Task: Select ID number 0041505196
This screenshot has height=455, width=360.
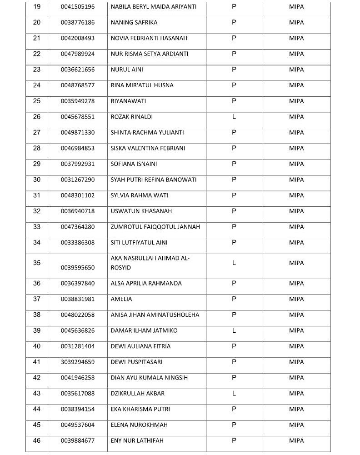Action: pyautogui.click(x=78, y=7)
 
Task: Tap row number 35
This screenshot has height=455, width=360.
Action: pyautogui.click(x=37, y=263)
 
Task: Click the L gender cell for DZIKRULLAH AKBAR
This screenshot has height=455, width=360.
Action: pyautogui.click(x=234, y=393)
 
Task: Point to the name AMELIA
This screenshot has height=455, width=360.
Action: pyautogui.click(x=121, y=299)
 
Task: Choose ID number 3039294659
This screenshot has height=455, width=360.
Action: pyautogui.click(x=78, y=362)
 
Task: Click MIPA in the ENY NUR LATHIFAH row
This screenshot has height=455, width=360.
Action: pyautogui.click(x=296, y=440)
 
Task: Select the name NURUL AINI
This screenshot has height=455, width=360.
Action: pyautogui.click(x=127, y=70)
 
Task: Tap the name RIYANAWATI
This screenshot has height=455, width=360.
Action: pyautogui.click(x=129, y=101)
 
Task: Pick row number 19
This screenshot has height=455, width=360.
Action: pyautogui.click(x=37, y=7)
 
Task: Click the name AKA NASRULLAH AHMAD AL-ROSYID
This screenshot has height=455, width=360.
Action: pyautogui.click(x=150, y=263)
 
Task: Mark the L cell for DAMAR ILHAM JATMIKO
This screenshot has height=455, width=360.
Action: pyautogui.click(x=234, y=330)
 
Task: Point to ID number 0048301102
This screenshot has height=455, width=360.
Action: pyautogui.click(x=78, y=195)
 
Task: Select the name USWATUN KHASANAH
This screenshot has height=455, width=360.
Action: pyautogui.click(x=141, y=211)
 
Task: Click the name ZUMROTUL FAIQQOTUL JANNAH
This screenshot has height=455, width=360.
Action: pyautogui.click(x=155, y=227)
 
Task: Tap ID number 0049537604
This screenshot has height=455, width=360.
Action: pyautogui.click(x=78, y=425)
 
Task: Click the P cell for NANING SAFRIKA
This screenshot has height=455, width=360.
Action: pyautogui.click(x=234, y=22)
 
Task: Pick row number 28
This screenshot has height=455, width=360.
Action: pyautogui.click(x=37, y=148)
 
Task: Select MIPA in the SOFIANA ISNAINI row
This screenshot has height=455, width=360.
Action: pyautogui.click(x=296, y=164)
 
